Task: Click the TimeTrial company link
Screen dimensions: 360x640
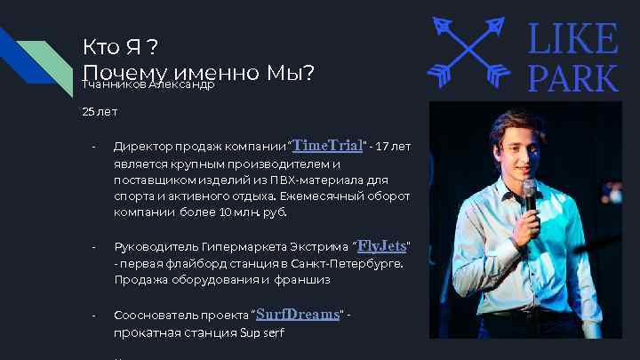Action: coord(327,145)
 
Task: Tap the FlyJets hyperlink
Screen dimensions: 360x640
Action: coord(381,245)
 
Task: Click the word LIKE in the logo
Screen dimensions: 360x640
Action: coord(573,39)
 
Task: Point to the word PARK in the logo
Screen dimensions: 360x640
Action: coord(573,77)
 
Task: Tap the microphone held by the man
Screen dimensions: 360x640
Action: coord(530,196)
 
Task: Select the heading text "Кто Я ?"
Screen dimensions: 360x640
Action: coord(121,45)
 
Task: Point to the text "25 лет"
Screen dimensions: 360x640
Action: coord(100,113)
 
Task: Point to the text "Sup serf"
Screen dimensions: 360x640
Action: coord(262,334)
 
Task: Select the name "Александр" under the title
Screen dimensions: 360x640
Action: coord(182,84)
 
